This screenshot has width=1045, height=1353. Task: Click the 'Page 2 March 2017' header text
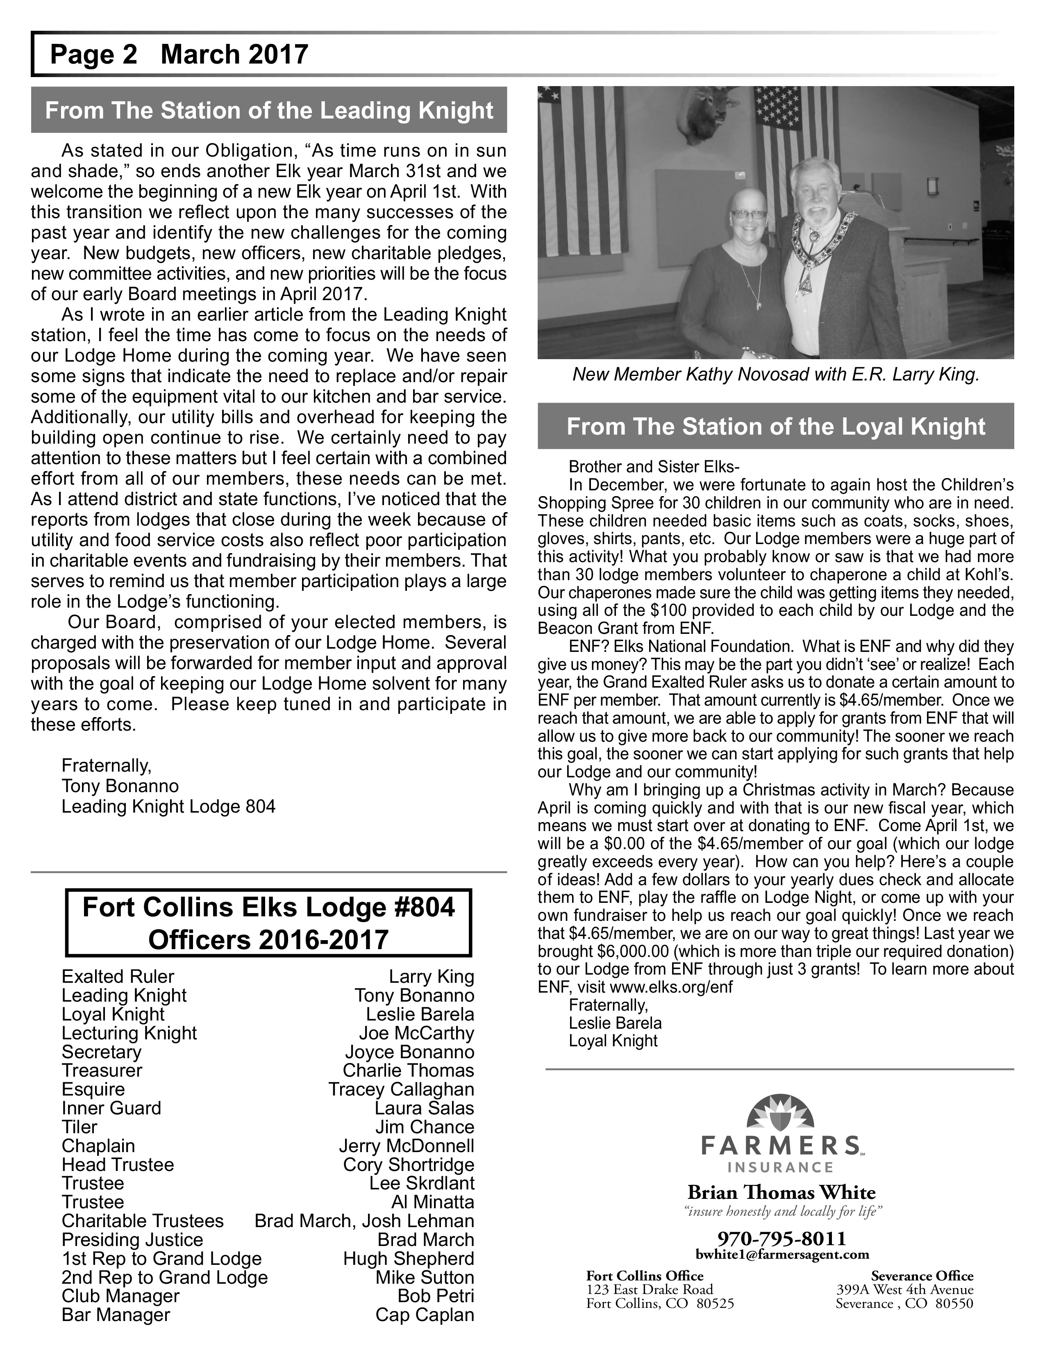179,55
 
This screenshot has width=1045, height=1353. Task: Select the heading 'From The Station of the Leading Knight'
269,110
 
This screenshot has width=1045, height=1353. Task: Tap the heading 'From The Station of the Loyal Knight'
776,427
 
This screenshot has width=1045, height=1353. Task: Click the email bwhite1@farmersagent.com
782,1255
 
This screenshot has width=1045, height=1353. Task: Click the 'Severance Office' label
922,1276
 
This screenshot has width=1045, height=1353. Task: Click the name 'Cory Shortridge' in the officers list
409,1165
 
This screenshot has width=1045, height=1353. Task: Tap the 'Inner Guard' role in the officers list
111,1108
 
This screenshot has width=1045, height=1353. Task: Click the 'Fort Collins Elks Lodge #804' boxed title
269,908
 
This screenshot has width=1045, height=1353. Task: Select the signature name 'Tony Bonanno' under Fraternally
120,786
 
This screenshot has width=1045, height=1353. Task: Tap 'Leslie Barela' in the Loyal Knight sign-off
616,1023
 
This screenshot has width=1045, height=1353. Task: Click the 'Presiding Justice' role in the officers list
132,1239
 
